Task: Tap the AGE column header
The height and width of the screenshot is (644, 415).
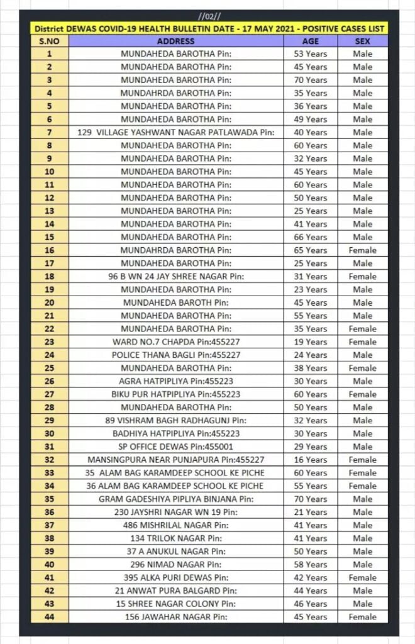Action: tap(311, 41)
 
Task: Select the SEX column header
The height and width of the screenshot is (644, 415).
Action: tap(363, 41)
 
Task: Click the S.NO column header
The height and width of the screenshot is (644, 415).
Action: tap(49, 41)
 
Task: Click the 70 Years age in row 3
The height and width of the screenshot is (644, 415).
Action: tap(311, 80)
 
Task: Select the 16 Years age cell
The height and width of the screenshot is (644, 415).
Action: tap(311, 460)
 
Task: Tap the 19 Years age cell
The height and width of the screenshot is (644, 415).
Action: tap(311, 342)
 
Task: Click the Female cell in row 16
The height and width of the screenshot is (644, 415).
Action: tap(363, 250)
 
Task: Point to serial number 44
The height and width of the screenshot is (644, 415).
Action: tap(49, 617)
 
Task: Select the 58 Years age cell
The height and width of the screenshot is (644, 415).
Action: tap(311, 565)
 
